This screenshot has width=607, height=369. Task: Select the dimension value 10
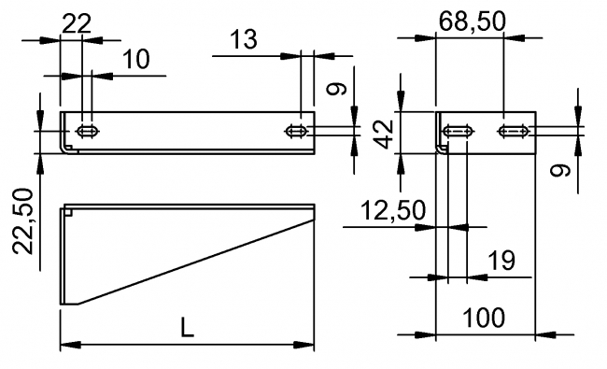pos(136,59)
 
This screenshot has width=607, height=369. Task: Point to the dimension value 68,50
pos(470,21)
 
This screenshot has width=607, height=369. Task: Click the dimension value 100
pos(485,318)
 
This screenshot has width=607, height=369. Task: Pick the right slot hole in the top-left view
pos(298,130)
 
